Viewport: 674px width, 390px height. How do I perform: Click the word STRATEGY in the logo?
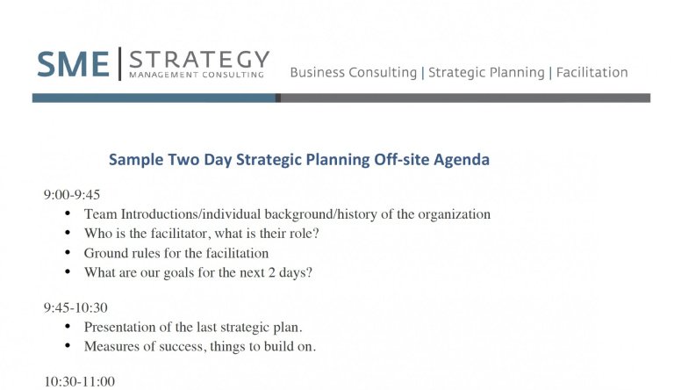point(199,59)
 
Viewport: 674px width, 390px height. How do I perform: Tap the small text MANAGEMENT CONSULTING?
point(196,76)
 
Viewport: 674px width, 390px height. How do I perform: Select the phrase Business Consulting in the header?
point(353,72)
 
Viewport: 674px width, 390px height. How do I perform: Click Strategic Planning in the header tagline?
point(486,72)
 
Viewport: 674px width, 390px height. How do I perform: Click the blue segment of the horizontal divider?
point(154,98)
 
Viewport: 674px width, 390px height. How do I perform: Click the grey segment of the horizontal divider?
point(465,98)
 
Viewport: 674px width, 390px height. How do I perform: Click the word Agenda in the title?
point(462,160)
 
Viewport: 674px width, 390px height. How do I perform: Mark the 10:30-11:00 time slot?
point(79,381)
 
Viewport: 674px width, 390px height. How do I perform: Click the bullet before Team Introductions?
point(68,214)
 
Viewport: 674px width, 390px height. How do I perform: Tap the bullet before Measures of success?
point(68,346)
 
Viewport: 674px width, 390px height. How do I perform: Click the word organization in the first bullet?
point(454,214)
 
